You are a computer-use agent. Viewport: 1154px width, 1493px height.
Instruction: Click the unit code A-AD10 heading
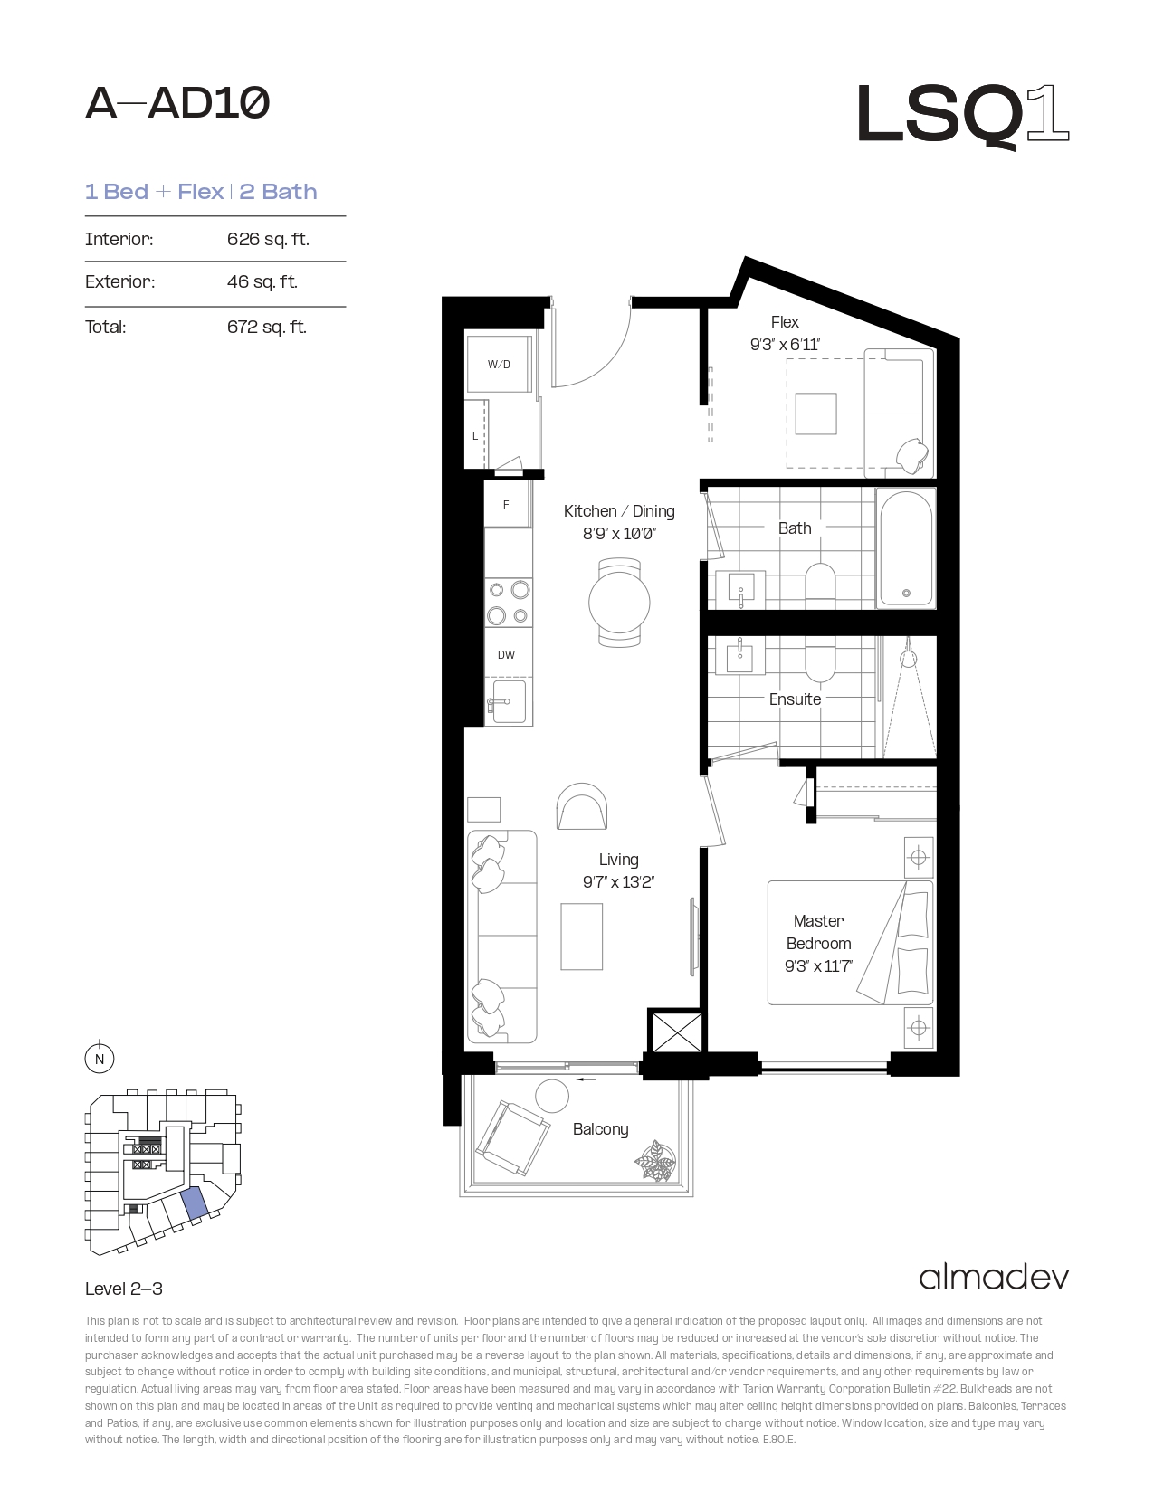point(177,104)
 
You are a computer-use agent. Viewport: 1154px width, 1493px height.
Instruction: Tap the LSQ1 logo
point(963,115)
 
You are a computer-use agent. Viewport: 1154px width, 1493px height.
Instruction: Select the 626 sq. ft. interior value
point(268,239)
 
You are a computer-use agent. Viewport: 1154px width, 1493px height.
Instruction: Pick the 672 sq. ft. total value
point(267,327)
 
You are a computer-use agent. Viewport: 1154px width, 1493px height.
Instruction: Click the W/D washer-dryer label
point(499,365)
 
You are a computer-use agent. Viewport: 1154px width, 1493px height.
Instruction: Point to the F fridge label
point(506,505)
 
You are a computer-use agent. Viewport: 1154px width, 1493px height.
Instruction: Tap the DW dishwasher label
point(506,655)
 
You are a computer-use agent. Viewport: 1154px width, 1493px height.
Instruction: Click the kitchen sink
point(507,701)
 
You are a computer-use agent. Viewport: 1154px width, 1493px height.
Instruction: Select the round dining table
point(619,603)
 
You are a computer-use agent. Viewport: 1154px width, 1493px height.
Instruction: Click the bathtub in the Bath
point(906,547)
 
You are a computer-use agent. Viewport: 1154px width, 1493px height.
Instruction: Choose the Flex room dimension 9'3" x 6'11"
point(785,345)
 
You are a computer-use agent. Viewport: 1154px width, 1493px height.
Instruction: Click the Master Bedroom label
point(818,932)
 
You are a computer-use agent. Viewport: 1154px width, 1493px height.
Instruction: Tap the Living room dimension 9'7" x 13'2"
point(618,882)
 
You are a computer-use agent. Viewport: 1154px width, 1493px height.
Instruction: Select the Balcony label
point(601,1129)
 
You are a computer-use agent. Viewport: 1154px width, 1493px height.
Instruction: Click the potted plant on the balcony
point(655,1162)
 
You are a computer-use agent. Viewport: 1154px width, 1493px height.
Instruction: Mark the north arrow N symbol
point(100,1059)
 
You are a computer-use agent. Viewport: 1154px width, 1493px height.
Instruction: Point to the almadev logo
point(994,1277)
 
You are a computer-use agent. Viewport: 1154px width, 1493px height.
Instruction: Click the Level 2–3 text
point(124,1289)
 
